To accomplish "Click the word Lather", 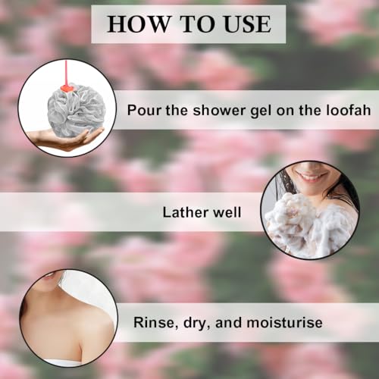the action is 186,212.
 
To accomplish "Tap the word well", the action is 227,212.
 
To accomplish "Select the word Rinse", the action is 154,323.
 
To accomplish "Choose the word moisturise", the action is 284,323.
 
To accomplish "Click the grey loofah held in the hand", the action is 74,108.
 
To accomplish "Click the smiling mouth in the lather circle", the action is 312,175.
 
